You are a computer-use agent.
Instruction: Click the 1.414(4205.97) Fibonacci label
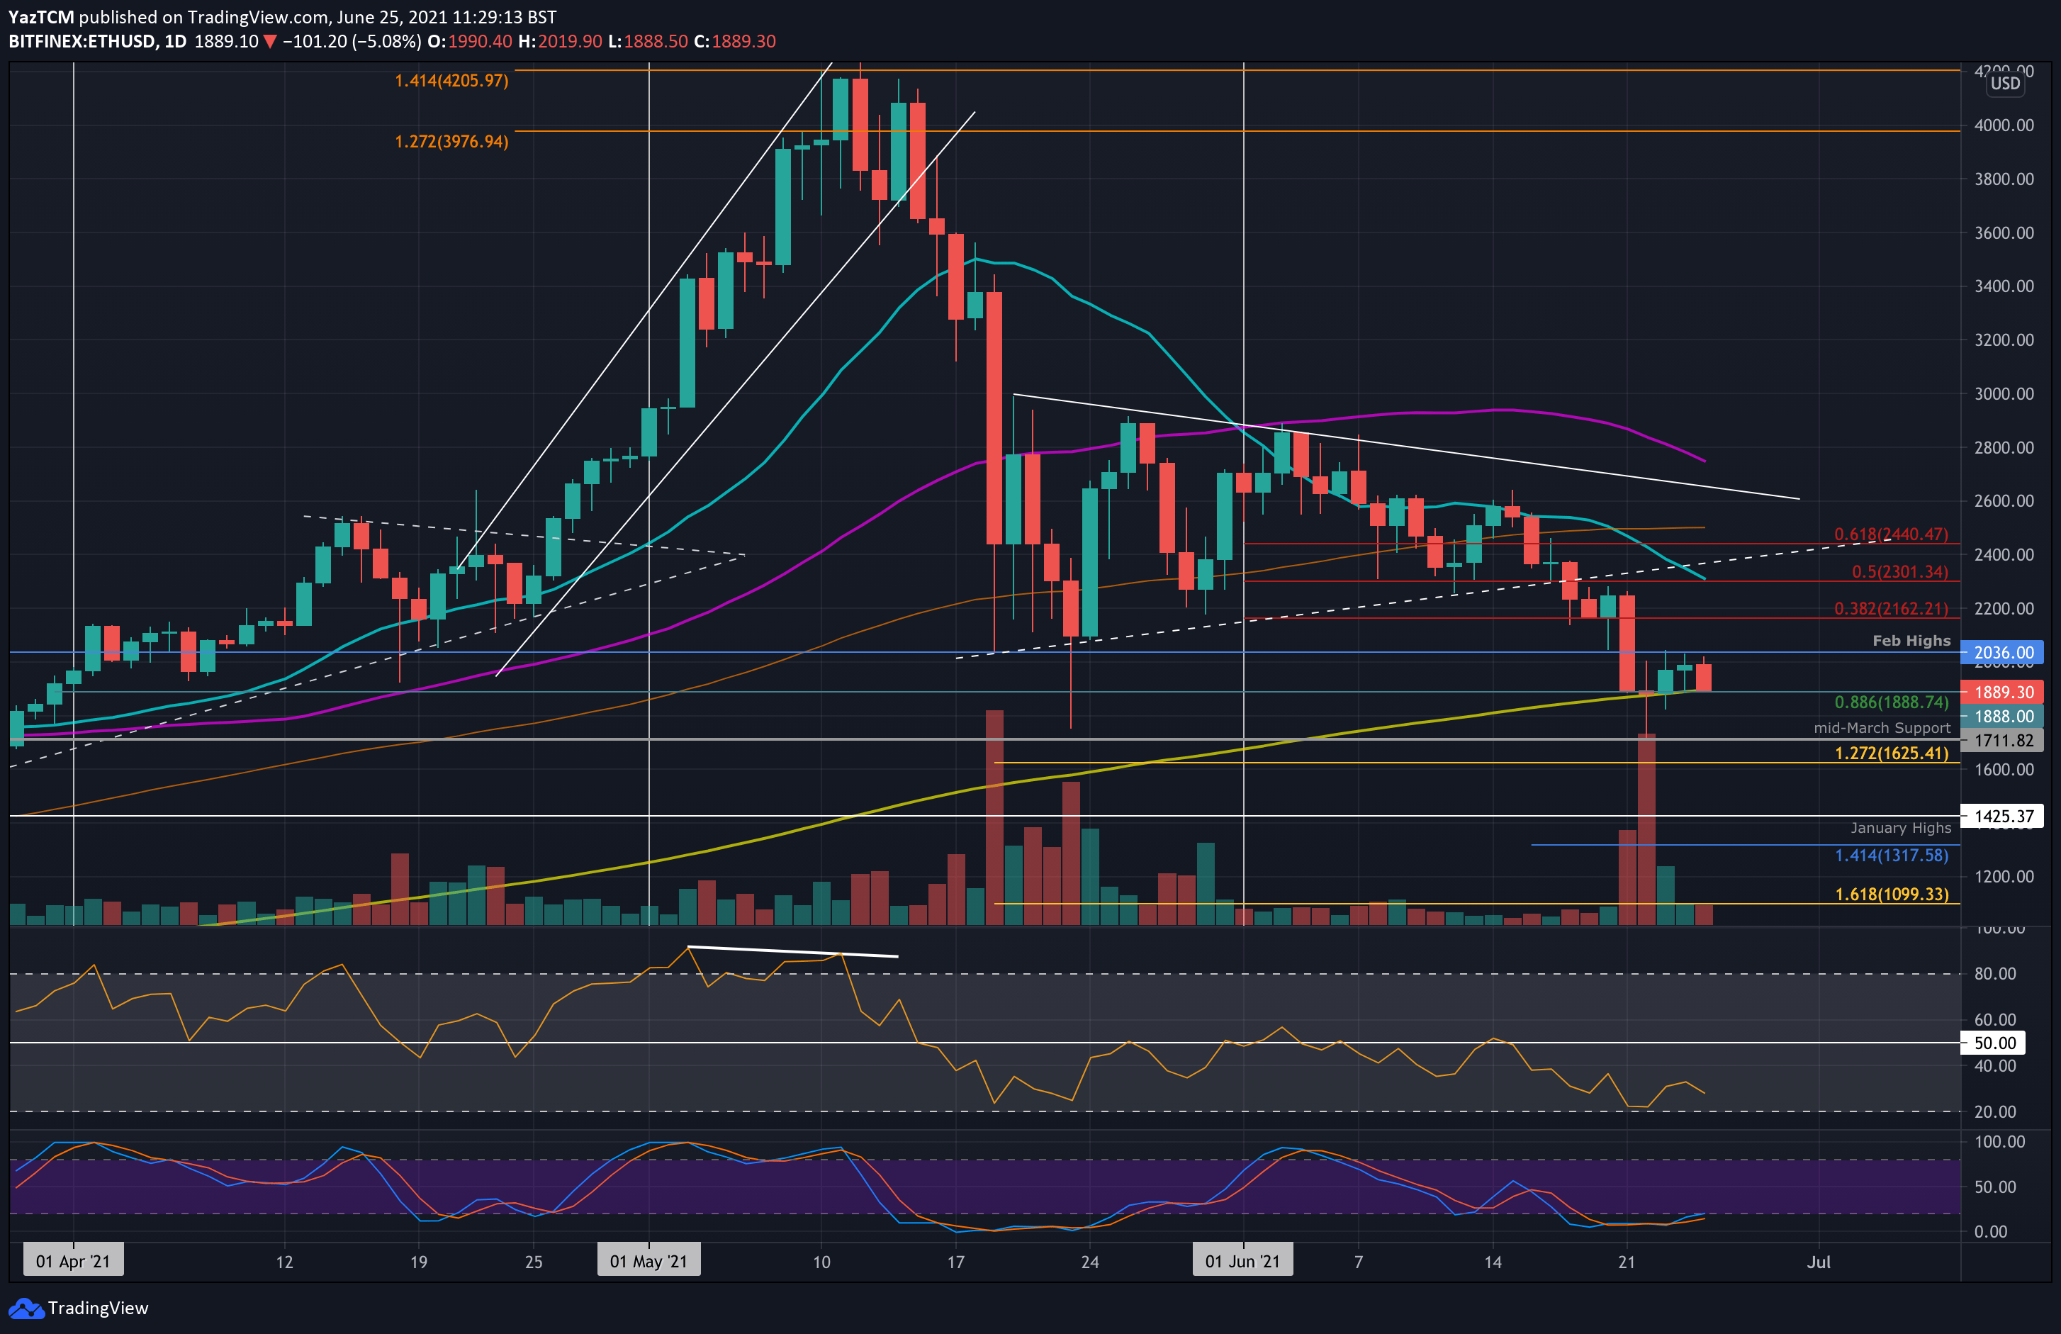click(451, 81)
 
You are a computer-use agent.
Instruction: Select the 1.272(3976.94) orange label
click(451, 141)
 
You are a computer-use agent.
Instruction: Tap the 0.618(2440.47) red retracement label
click(1890, 534)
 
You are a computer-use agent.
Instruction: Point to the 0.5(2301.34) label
click(1899, 572)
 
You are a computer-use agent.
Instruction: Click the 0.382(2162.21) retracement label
click(1890, 609)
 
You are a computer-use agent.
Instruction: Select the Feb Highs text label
click(1911, 641)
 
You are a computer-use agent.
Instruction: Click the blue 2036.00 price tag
click(2002, 653)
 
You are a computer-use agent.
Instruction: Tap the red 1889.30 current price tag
click(2002, 692)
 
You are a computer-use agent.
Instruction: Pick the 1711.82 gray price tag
click(2002, 741)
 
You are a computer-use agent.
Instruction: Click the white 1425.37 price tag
click(2002, 816)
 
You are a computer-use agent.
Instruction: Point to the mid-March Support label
click(1882, 729)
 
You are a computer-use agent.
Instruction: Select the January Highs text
click(1900, 828)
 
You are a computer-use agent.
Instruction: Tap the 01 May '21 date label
click(648, 1261)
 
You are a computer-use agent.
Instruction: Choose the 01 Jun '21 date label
click(1242, 1261)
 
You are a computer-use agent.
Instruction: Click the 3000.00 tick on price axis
click(2003, 394)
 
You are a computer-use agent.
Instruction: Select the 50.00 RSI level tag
click(1994, 1043)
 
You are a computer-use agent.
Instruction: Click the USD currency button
click(2005, 83)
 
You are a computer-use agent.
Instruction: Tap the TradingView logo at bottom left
click(79, 1308)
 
